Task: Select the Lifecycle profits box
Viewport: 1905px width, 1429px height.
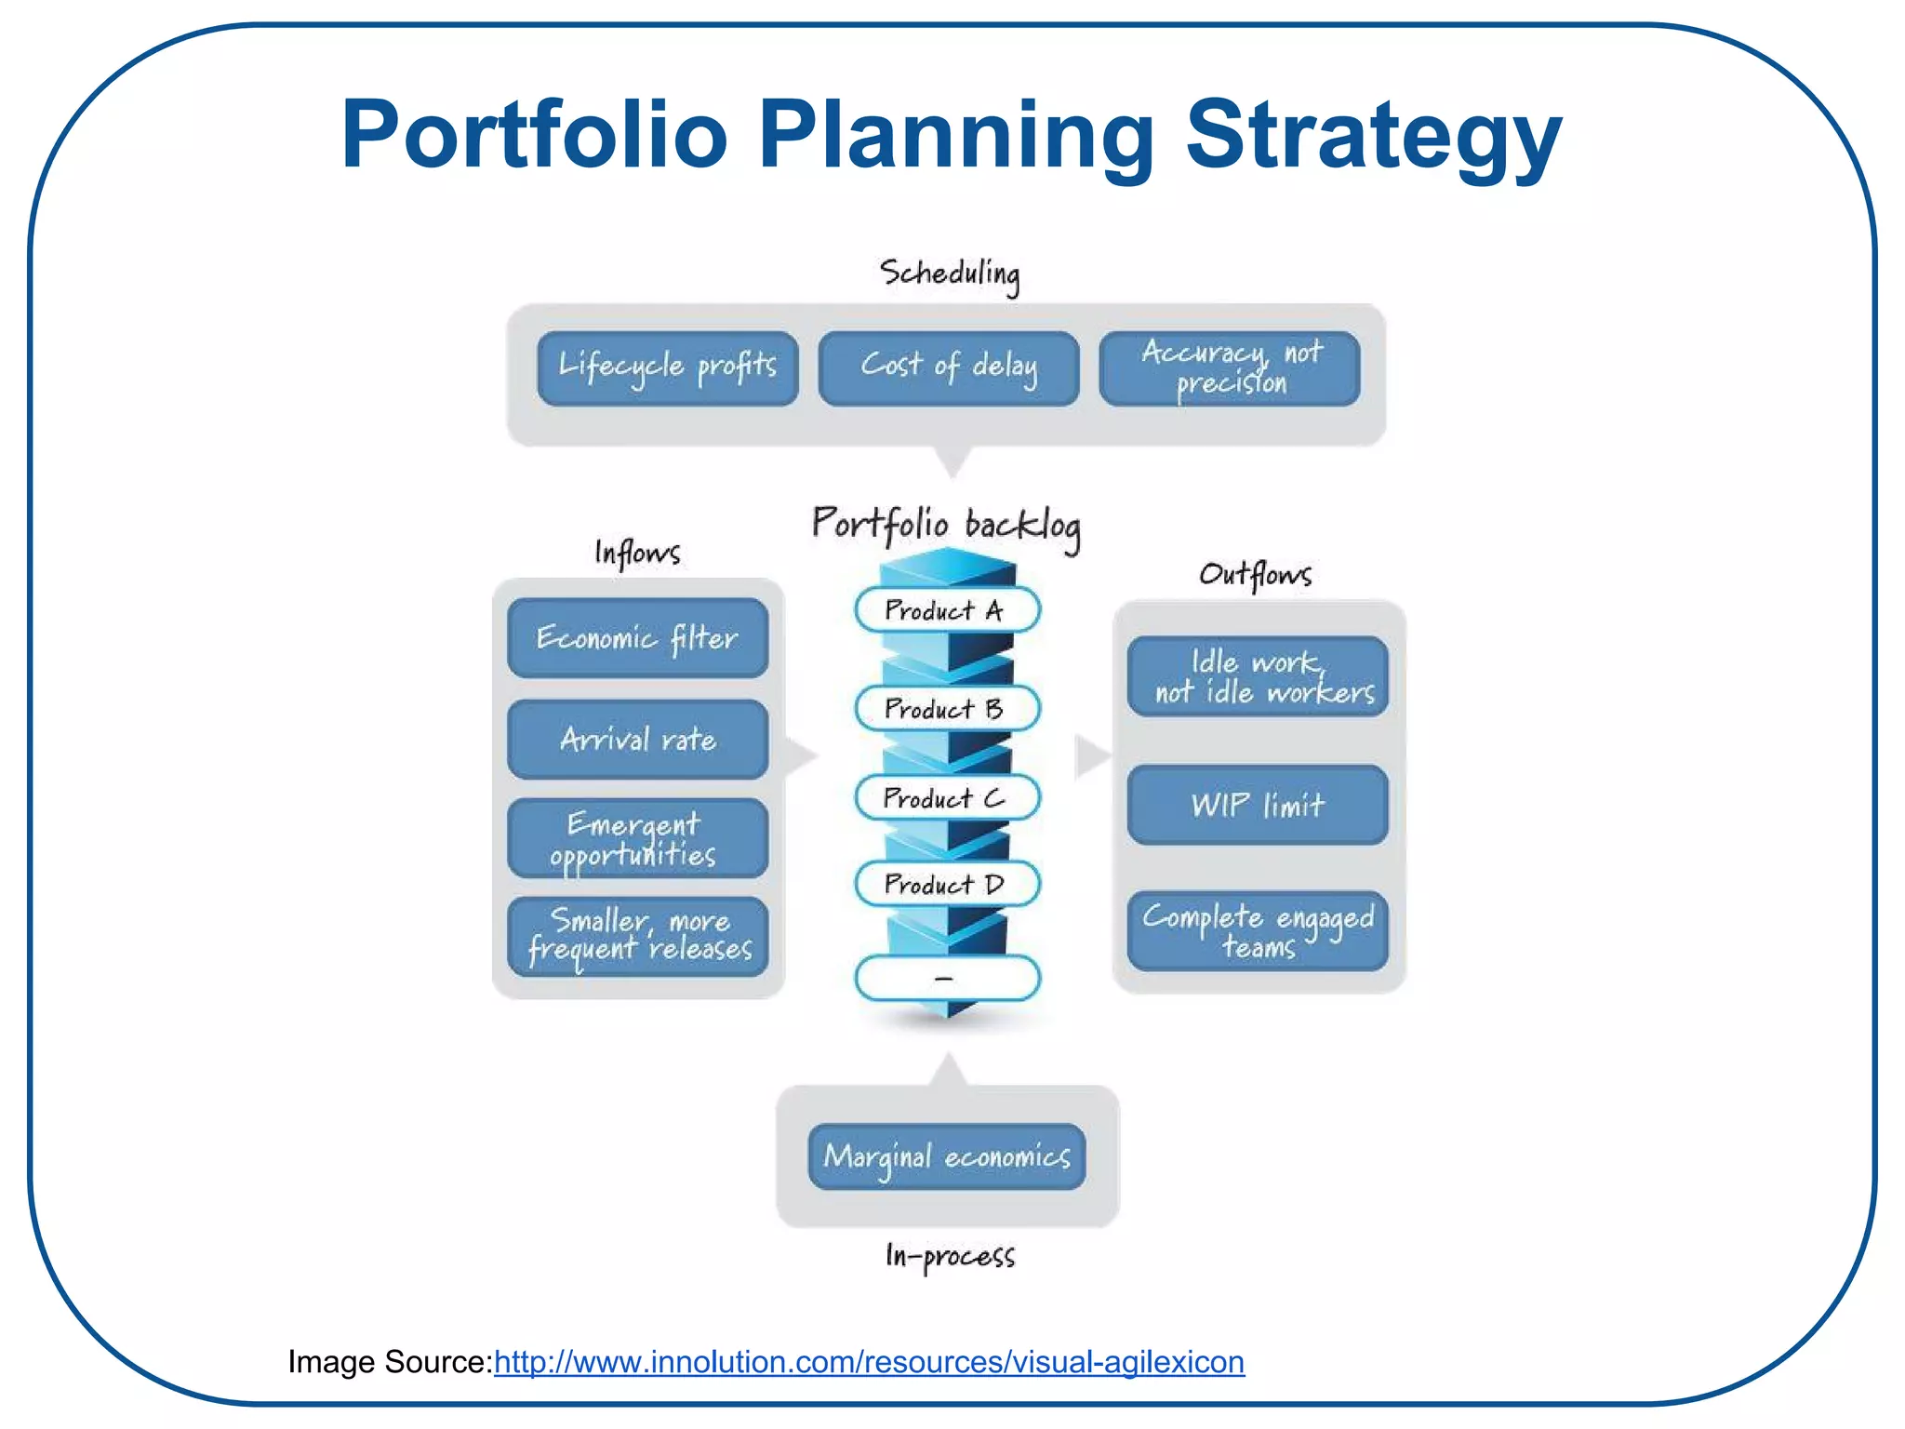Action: point(667,368)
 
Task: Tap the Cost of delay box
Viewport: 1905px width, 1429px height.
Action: point(948,368)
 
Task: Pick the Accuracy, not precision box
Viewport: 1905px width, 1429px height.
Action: point(1229,368)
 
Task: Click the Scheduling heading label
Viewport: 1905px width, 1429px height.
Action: point(949,274)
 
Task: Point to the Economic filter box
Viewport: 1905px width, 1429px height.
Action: point(637,638)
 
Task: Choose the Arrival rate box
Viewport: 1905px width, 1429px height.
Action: point(637,740)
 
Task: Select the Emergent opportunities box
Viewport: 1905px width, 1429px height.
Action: point(637,838)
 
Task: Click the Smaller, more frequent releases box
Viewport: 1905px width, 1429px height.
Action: point(637,936)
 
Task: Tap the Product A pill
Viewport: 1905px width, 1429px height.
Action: point(946,610)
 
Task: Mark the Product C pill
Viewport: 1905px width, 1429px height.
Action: point(946,798)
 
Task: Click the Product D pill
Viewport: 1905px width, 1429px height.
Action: point(946,884)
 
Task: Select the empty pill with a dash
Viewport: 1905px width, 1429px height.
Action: point(946,978)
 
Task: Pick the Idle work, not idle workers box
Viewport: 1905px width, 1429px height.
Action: point(1258,676)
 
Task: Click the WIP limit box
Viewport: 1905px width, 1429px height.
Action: point(1258,805)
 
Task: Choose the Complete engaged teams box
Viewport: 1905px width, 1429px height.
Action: point(1258,930)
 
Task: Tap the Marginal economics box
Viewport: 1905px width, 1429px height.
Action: point(947,1156)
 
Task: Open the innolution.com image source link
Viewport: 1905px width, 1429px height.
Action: point(869,1362)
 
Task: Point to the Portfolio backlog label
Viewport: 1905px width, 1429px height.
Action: point(946,526)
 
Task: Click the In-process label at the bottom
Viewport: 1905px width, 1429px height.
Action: point(949,1256)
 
